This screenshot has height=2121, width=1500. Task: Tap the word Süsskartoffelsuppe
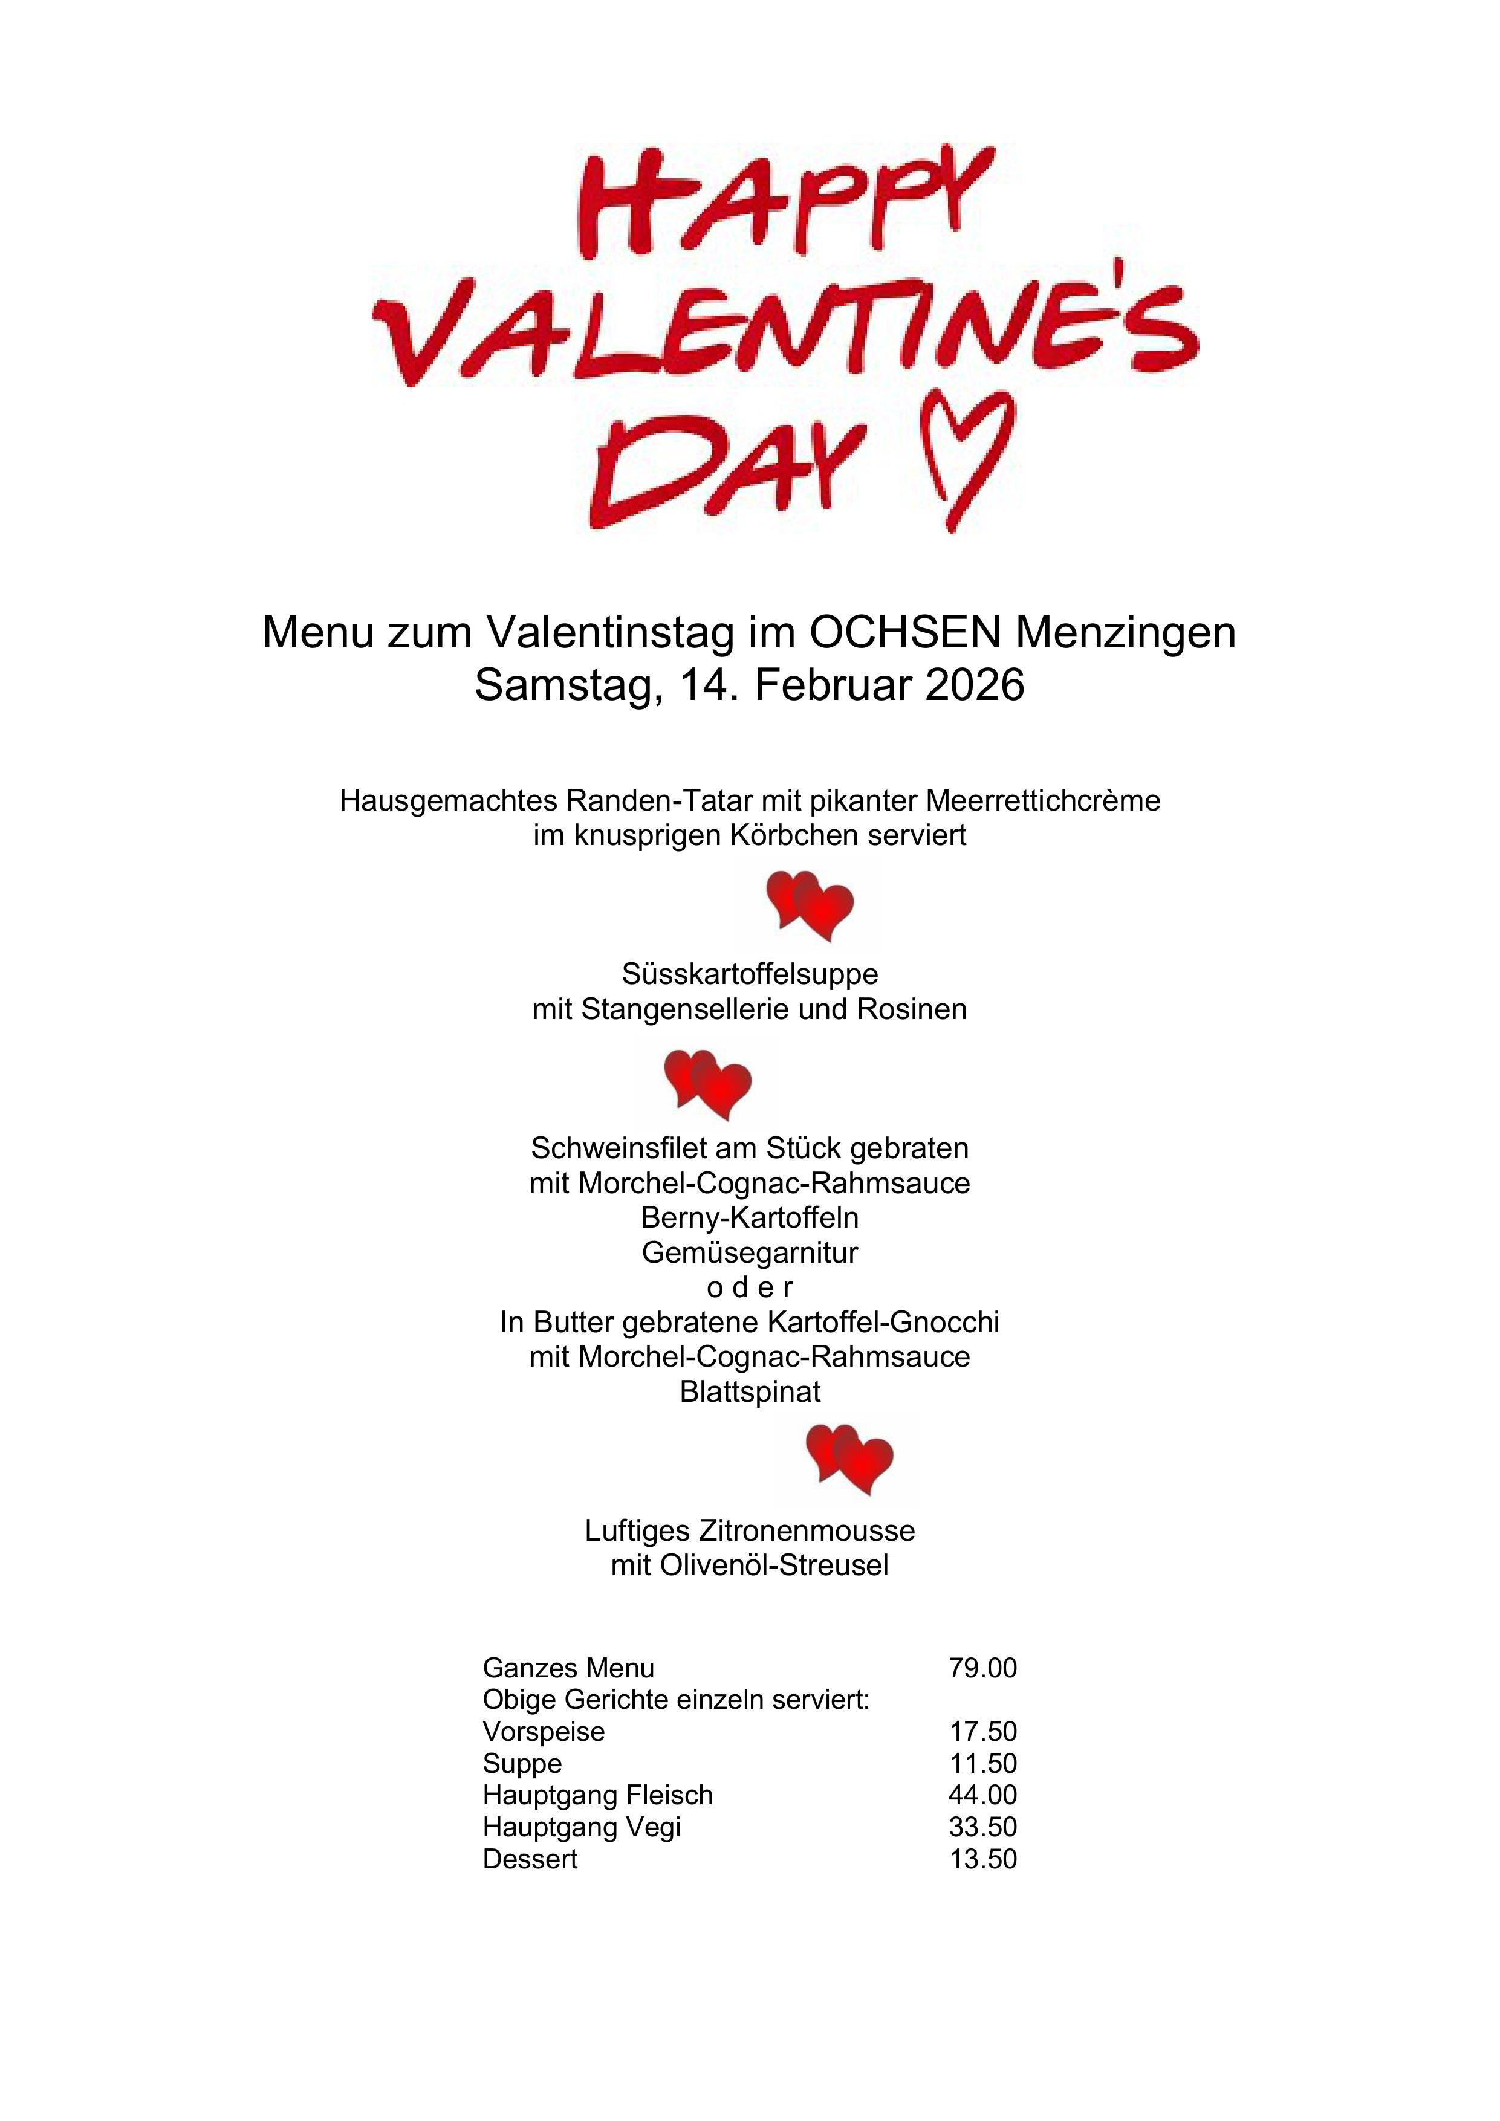pos(750,974)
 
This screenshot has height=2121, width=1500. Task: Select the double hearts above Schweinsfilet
pos(708,1084)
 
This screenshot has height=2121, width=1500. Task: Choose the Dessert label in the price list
pos(530,1859)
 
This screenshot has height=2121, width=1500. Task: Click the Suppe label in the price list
pos(522,1764)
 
